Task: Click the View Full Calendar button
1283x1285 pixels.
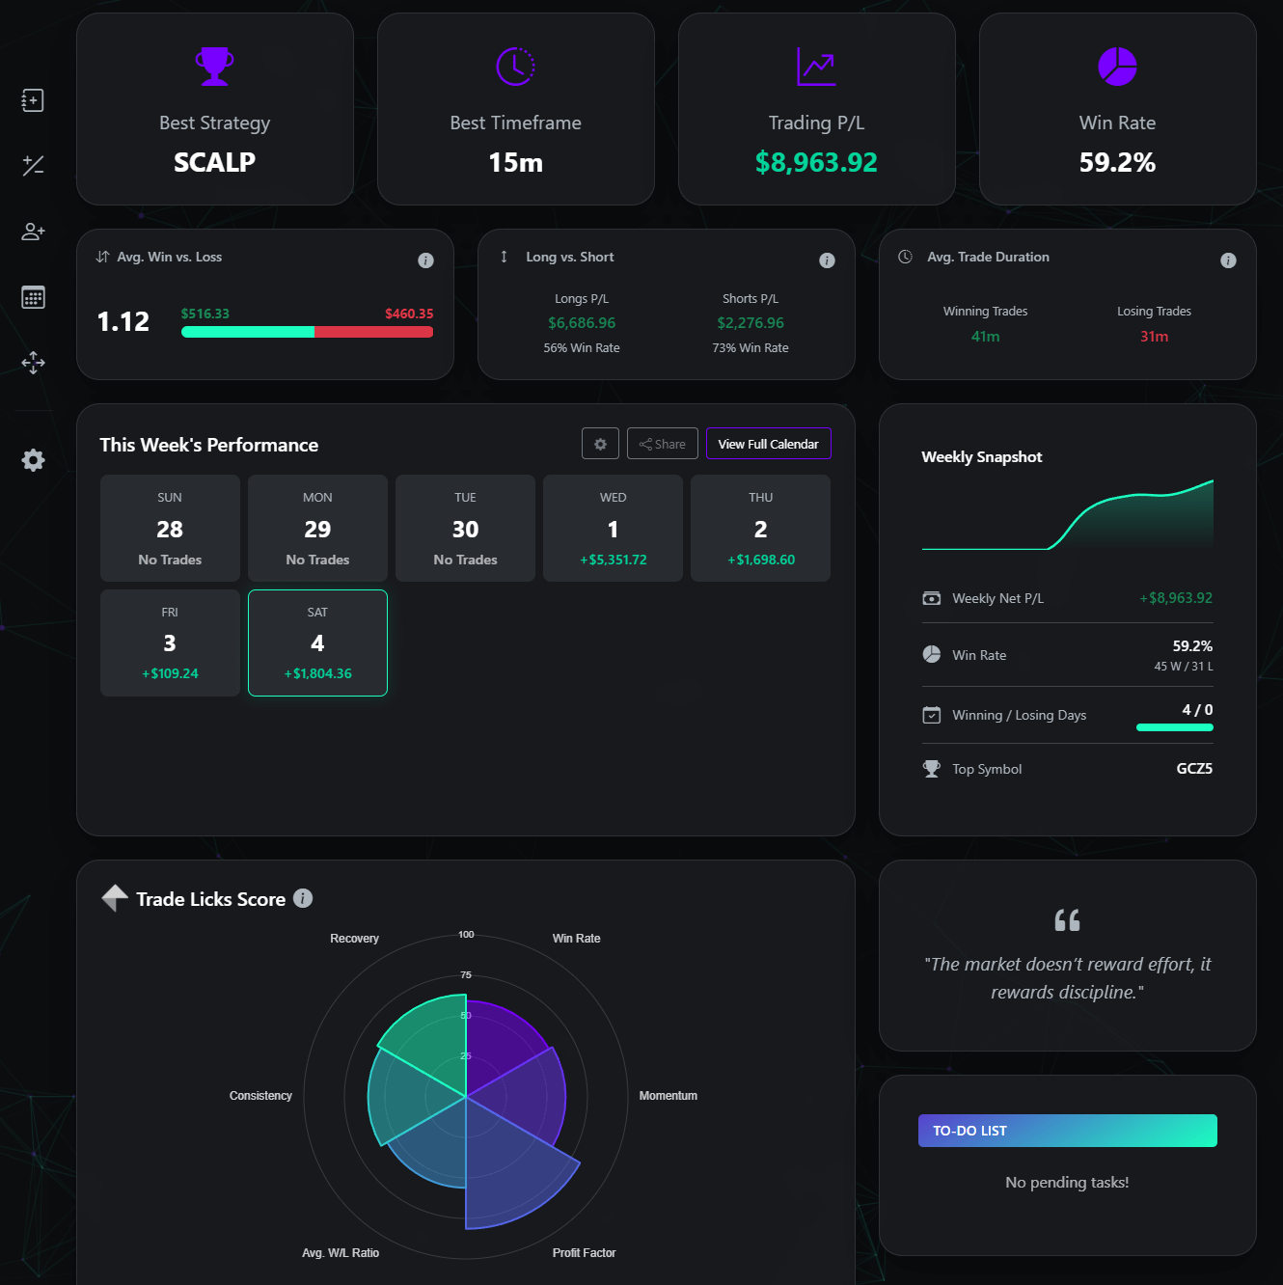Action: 768,444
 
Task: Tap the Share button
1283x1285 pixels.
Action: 662,444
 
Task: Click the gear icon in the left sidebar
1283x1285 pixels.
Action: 33,460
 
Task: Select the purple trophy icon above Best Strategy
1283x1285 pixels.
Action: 214,67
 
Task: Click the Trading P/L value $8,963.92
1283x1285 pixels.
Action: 816,162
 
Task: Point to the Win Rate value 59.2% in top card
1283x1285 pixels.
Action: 1117,162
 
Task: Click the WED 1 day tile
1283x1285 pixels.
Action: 613,529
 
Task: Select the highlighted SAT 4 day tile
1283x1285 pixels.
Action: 317,642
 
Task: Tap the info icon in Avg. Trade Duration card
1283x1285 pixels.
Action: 1228,260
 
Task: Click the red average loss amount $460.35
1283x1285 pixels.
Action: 409,314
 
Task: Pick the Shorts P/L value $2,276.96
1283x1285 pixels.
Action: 751,323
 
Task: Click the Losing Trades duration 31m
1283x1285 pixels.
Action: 1154,337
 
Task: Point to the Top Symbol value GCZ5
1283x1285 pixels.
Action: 1194,769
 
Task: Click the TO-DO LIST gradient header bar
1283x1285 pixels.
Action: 1067,1131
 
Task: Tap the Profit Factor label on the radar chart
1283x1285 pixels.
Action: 584,1253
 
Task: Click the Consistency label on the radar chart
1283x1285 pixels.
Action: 260,1096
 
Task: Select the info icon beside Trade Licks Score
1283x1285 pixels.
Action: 303,898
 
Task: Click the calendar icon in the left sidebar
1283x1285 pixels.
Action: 33,297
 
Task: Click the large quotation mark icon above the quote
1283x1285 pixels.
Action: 1067,920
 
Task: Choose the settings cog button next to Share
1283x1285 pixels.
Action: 600,444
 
